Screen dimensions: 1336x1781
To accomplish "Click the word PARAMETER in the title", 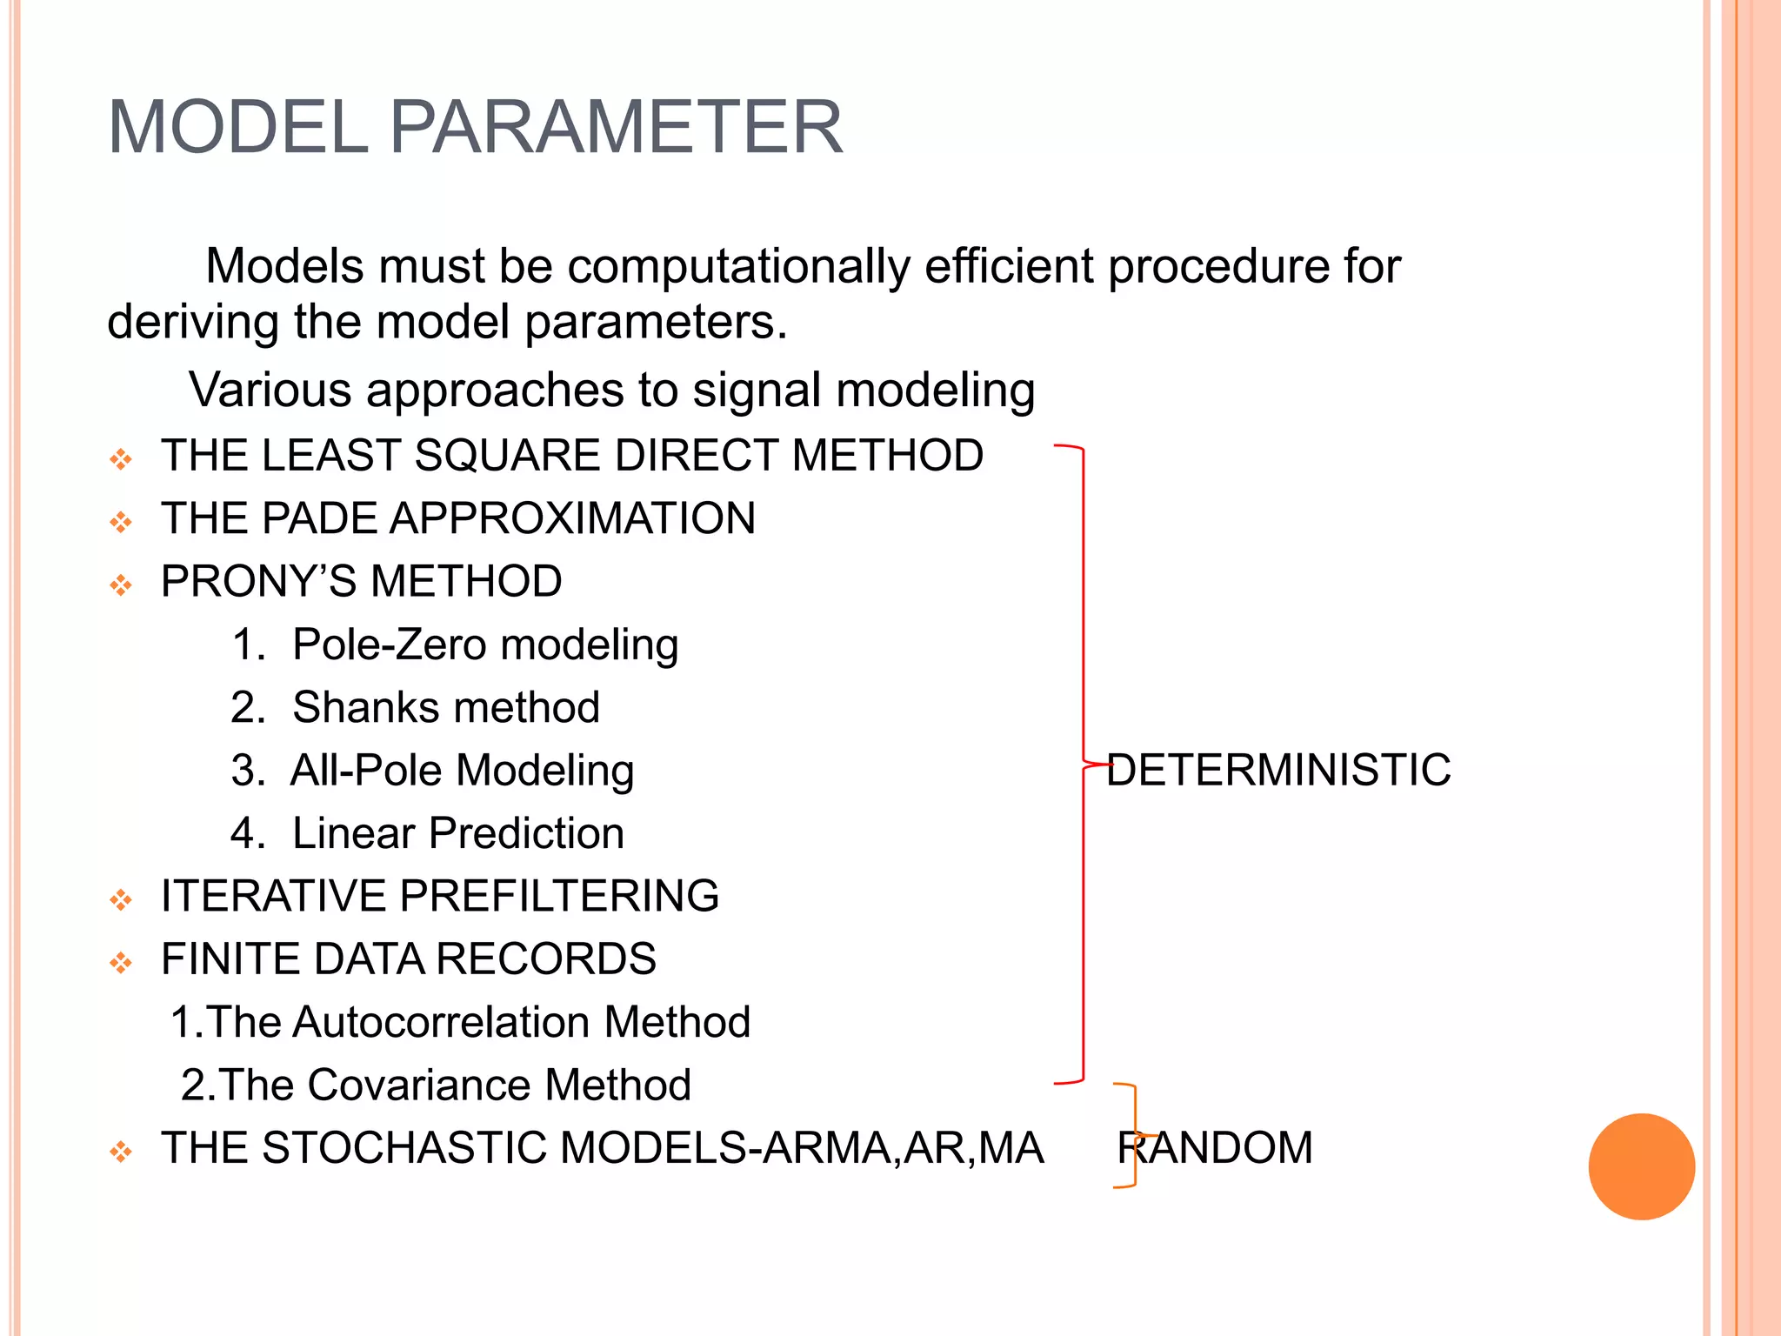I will [616, 127].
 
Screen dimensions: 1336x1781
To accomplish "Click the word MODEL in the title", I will [237, 127].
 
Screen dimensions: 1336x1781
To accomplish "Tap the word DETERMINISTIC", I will [1278, 770].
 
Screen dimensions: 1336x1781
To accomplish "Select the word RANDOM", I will [1215, 1147].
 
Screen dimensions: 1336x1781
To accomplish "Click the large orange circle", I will [1641, 1166].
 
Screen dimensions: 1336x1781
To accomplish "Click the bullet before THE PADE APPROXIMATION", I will [121, 522].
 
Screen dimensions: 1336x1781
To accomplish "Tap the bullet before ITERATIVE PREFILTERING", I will [121, 899].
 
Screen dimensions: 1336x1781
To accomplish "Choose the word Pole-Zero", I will [389, 645].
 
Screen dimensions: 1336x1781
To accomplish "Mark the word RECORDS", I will [545, 959].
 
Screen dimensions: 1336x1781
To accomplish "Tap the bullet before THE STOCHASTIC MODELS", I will [121, 1152].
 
